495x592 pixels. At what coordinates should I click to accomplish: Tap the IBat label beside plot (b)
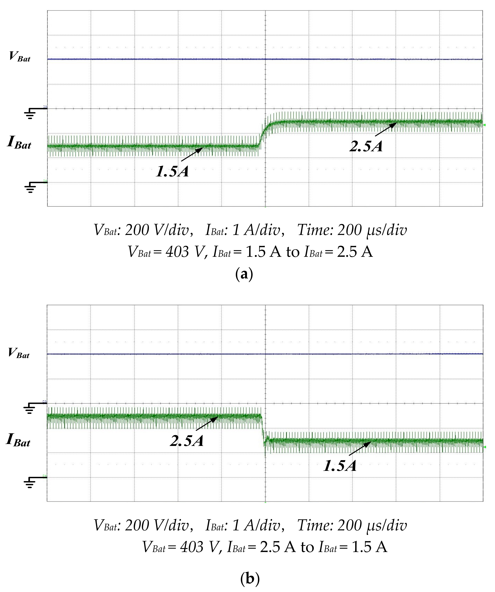tap(18, 440)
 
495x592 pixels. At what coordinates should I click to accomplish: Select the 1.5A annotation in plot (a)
tap(172, 171)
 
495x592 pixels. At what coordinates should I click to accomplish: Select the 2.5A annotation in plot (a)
tap(366, 146)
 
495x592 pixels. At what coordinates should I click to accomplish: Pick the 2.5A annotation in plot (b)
tap(187, 440)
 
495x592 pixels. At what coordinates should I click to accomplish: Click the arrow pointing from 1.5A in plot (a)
tap(192, 155)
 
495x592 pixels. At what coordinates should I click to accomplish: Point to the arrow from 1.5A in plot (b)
tap(360, 448)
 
